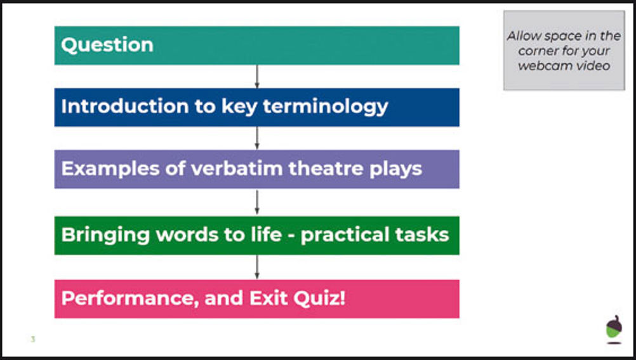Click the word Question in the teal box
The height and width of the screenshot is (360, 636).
click(x=107, y=45)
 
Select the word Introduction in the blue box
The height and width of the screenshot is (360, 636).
click(x=125, y=106)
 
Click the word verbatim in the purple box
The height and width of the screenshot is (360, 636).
click(x=237, y=168)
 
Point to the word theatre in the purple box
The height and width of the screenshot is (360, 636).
click(x=326, y=168)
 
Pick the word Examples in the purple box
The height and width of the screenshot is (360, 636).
click(x=110, y=169)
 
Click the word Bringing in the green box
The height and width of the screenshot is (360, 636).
click(x=105, y=236)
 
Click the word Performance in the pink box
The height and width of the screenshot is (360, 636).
click(x=129, y=298)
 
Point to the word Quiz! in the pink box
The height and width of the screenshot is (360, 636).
click(x=319, y=298)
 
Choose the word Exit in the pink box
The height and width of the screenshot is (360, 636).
click(x=268, y=298)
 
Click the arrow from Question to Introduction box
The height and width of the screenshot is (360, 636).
click(x=257, y=76)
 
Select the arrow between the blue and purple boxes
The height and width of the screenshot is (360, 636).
click(x=257, y=138)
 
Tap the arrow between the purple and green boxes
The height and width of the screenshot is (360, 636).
click(x=257, y=202)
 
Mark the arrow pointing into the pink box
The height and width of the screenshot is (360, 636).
click(x=257, y=267)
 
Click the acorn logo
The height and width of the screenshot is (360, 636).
click(x=614, y=329)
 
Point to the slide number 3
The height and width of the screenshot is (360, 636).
click(x=33, y=339)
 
